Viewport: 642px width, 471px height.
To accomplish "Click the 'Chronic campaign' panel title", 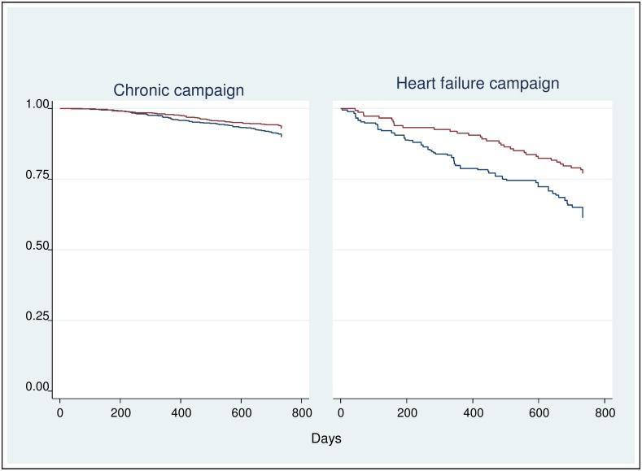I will (x=178, y=90).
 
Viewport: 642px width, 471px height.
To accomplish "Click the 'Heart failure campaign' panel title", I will (x=478, y=84).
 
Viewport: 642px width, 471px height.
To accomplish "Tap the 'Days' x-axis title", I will (x=326, y=438).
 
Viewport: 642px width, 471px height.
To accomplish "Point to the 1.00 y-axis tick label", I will (x=38, y=104).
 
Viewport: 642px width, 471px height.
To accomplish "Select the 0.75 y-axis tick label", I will (x=38, y=176).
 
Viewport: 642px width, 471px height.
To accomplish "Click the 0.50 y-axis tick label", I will (x=38, y=246).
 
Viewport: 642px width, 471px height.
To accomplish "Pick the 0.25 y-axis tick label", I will (x=38, y=316).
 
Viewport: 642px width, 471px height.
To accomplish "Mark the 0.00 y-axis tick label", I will (x=38, y=387).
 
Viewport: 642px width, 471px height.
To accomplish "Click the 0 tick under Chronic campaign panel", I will (x=60, y=413).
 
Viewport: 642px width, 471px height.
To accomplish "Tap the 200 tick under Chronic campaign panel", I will (x=120, y=413).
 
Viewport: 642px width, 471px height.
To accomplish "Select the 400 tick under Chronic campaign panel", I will (x=181, y=413).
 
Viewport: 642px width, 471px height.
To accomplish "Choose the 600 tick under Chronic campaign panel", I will (x=241, y=413).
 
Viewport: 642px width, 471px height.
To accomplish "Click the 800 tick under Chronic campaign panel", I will (x=301, y=413).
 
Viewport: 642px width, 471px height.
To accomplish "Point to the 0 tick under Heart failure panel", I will (x=340, y=413).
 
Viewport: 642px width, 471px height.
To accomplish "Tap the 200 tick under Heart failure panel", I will (x=406, y=413).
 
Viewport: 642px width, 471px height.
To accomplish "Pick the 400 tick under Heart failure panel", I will (x=472, y=413).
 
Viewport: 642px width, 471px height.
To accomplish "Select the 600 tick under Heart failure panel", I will (x=538, y=413).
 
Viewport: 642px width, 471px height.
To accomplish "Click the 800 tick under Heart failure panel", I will (x=604, y=413).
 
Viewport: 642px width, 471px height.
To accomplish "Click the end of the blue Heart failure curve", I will (x=583, y=217).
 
